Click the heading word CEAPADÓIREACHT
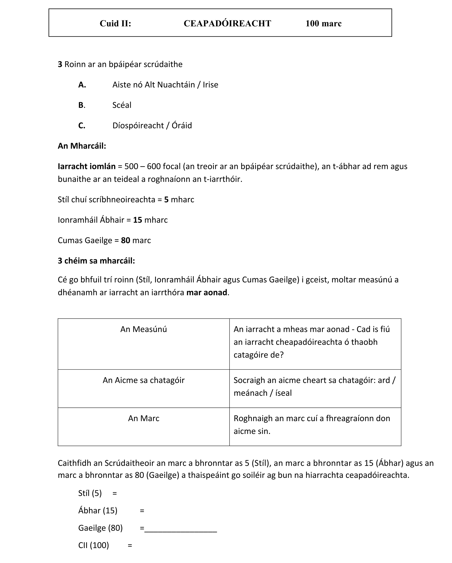pos(227,23)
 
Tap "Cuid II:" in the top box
pos(115,23)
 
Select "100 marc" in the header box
pos(323,23)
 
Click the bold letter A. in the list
pos(82,85)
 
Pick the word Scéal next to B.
pos(122,105)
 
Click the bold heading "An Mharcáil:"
pos(82,146)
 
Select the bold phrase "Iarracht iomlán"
pos(86,166)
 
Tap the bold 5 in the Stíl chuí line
pos(166,200)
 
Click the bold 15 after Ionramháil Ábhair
pos(137,220)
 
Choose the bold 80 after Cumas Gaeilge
pos(126,241)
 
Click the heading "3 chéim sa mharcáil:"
pos(96,261)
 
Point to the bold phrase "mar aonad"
pos(206,293)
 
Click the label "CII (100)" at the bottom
pos(93,546)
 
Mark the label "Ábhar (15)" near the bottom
pos(98,511)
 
